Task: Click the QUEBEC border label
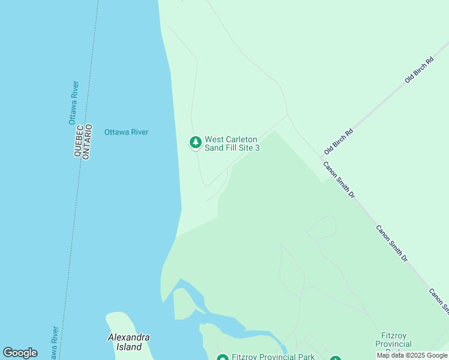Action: coord(78,142)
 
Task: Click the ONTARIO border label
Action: coord(87,142)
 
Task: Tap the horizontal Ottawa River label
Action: coord(126,132)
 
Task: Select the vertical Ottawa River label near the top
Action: coord(73,103)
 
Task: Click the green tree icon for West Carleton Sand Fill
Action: coord(195,142)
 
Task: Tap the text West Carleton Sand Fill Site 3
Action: coord(232,143)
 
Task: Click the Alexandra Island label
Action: coord(128,342)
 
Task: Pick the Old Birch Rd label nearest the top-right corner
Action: coord(419,70)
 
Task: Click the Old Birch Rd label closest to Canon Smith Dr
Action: coord(339,140)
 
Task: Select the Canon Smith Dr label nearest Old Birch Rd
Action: coord(339,180)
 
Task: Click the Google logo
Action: coord(20,353)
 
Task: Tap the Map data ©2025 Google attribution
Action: coord(412,356)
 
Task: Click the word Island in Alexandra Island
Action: coord(129,347)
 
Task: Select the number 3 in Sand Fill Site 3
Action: coord(257,148)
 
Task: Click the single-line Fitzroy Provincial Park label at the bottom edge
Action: coord(274,357)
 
